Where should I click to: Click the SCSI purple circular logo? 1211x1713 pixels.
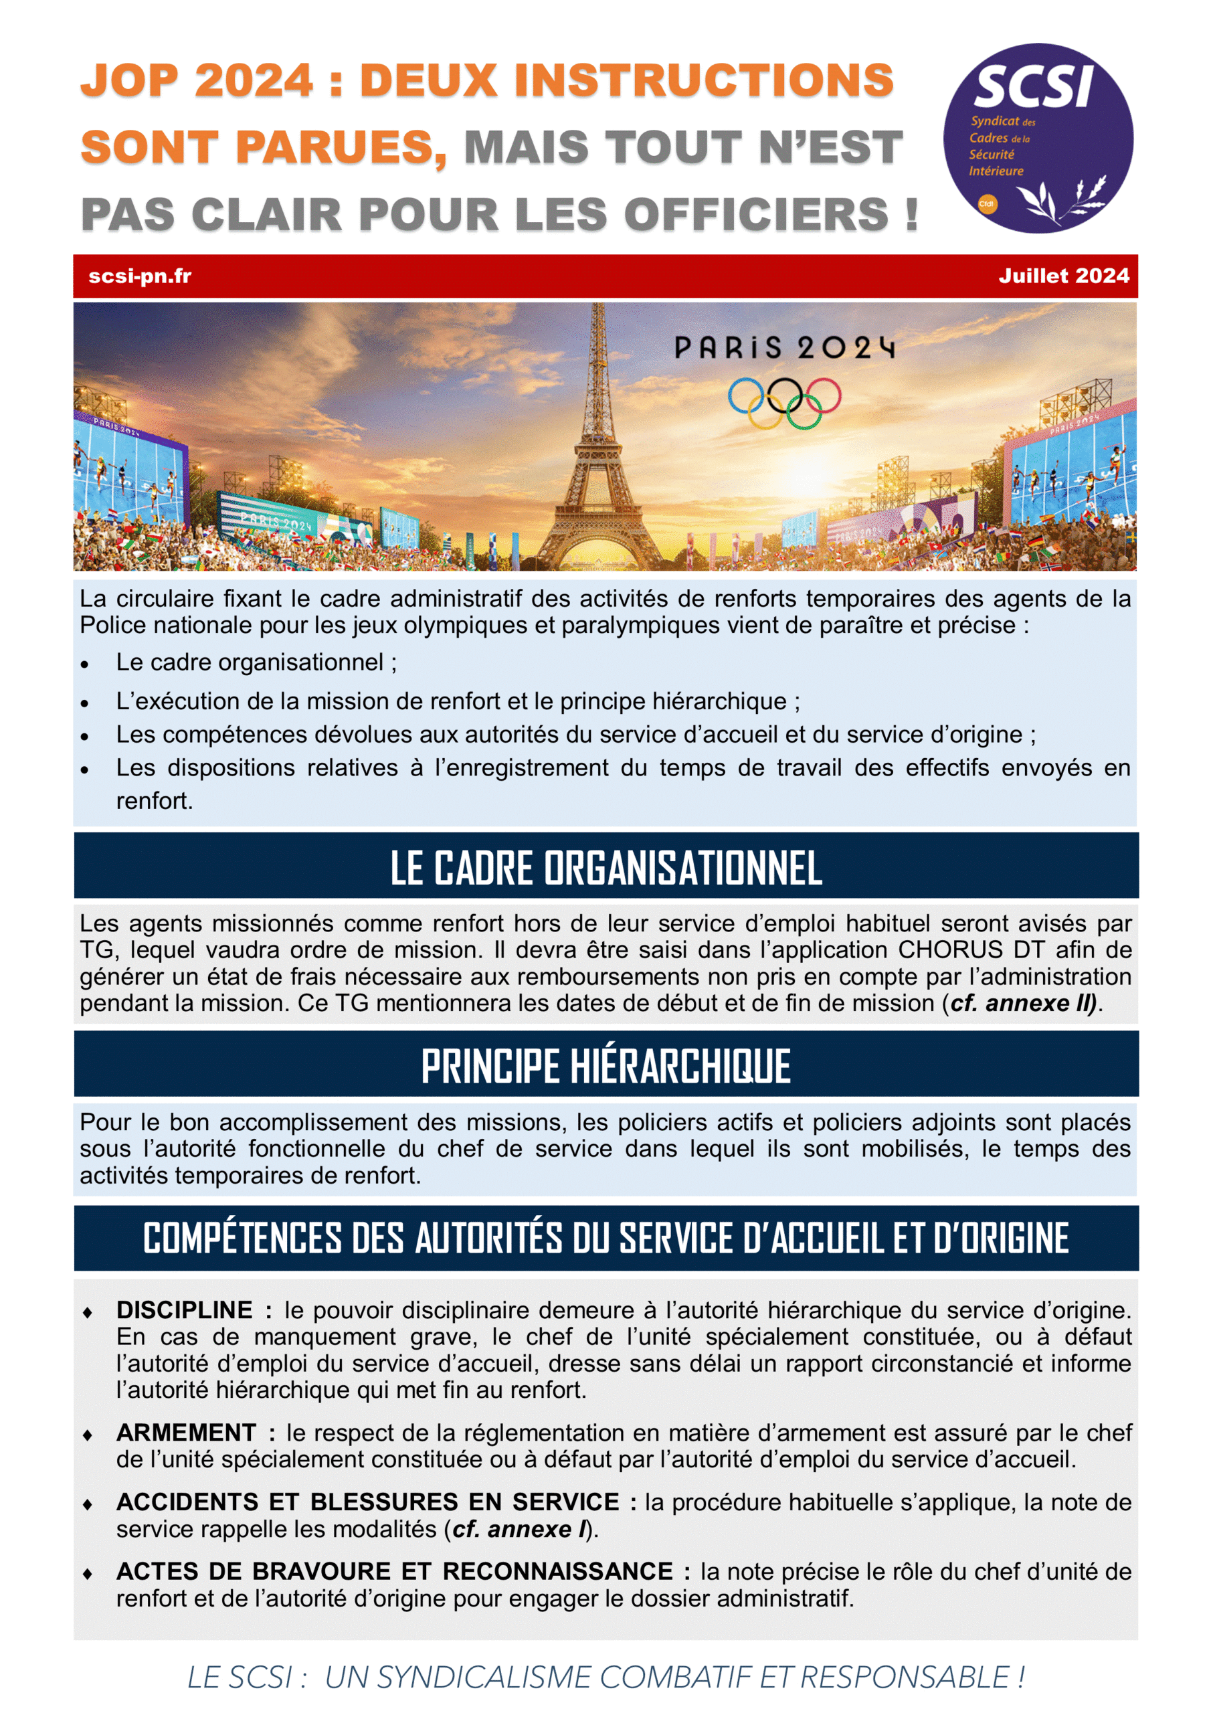point(1037,138)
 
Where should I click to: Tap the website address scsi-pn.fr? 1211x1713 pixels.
point(140,276)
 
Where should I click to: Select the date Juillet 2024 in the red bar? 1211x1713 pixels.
point(1063,276)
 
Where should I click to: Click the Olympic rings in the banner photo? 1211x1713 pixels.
point(784,403)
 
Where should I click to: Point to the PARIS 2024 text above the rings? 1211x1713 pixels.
point(784,348)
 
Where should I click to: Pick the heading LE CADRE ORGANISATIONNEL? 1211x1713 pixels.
point(606,867)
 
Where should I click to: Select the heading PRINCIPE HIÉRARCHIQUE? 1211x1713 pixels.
point(606,1065)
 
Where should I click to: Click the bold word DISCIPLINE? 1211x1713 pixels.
point(184,1310)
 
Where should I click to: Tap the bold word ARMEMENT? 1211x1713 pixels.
point(187,1433)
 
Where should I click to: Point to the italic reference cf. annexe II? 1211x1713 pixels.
point(1022,1004)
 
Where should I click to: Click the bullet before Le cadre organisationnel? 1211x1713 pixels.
point(85,664)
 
